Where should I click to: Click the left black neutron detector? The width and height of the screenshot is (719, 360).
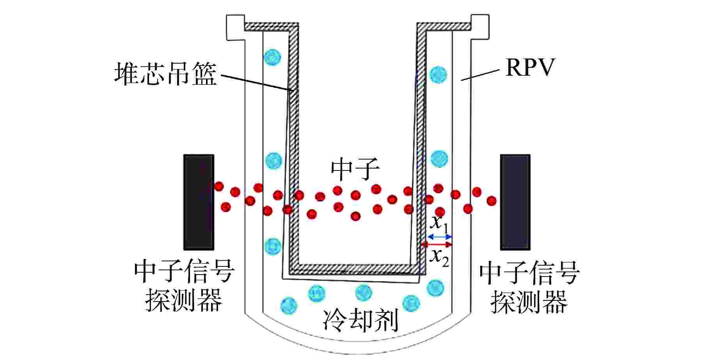click(199, 202)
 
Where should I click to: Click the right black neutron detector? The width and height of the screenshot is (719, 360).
click(515, 202)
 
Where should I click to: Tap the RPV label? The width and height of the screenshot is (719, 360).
click(530, 68)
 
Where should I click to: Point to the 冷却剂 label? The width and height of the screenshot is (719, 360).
click(361, 321)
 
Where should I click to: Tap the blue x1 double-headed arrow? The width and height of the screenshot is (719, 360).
click(440, 237)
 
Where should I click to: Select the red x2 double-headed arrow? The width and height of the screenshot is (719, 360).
click(437, 245)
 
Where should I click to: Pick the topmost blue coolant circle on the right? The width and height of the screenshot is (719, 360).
click(439, 74)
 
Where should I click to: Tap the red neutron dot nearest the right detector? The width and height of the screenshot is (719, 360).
click(492, 201)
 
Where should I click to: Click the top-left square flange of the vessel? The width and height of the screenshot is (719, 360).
click(235, 27)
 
